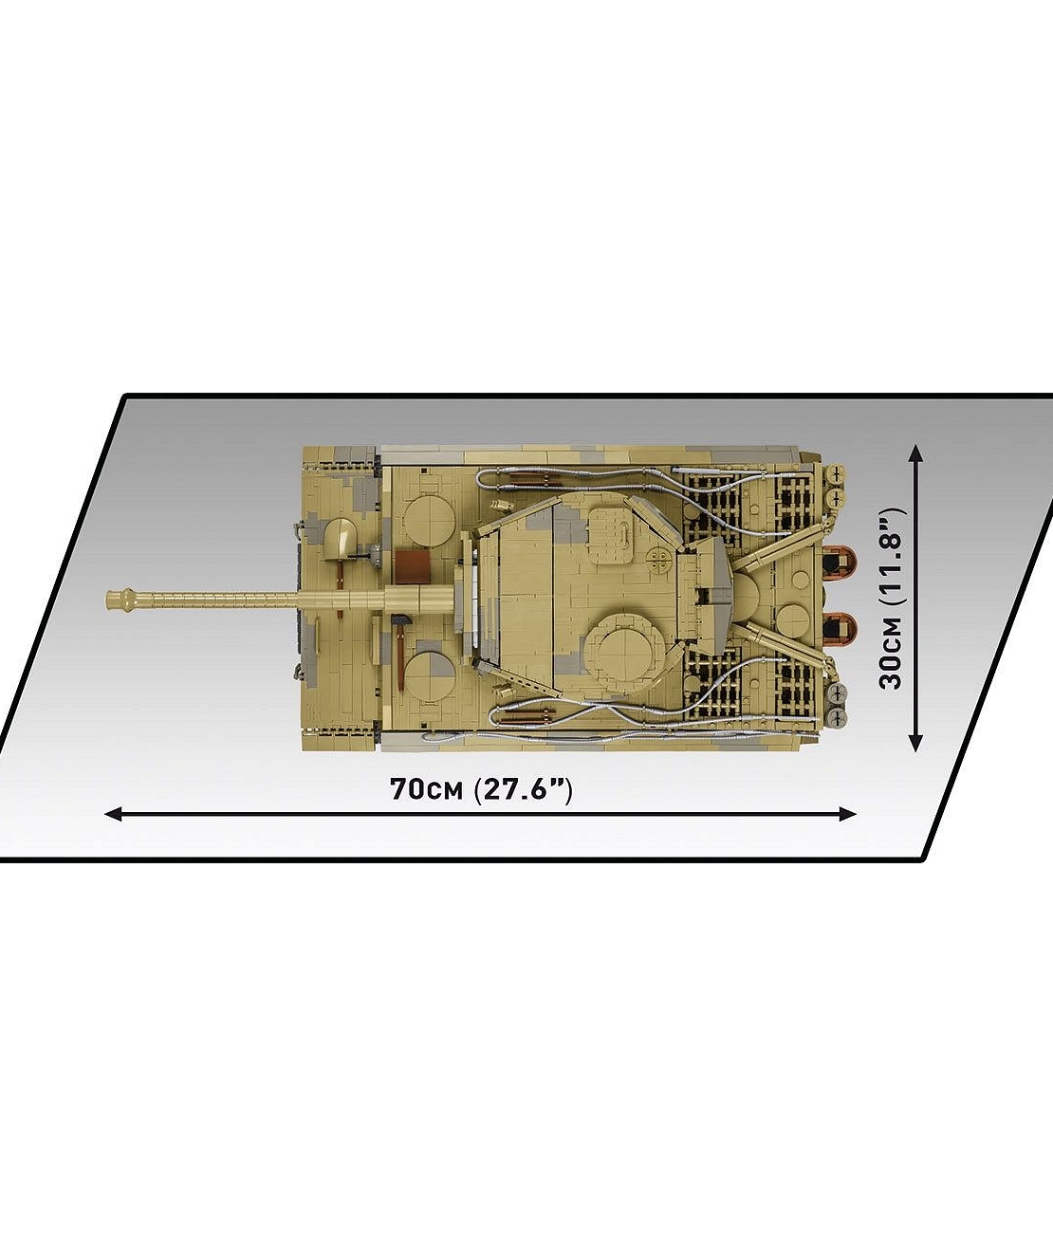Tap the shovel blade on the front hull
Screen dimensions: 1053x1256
coord(340,536)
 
